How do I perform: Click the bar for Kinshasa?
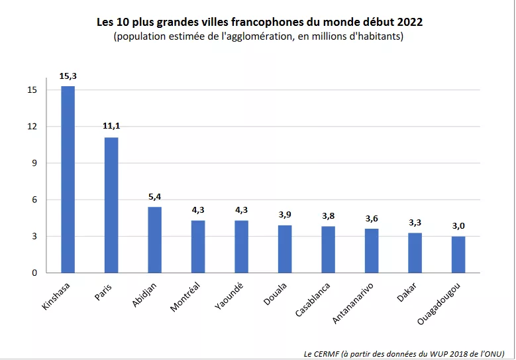click(68, 179)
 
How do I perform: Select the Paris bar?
click(111, 205)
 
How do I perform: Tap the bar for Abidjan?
click(154, 239)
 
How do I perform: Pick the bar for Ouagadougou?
click(458, 255)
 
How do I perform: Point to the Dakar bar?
click(415, 253)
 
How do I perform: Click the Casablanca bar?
click(328, 249)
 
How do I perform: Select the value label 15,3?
click(68, 76)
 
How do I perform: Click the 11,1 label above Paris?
click(111, 127)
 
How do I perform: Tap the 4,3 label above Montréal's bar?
click(198, 210)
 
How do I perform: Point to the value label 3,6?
click(372, 218)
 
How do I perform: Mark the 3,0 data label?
click(458, 226)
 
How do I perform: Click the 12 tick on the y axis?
click(32, 127)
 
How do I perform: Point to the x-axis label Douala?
click(274, 292)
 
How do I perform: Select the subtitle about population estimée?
click(258, 36)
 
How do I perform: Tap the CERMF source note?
click(404, 353)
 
